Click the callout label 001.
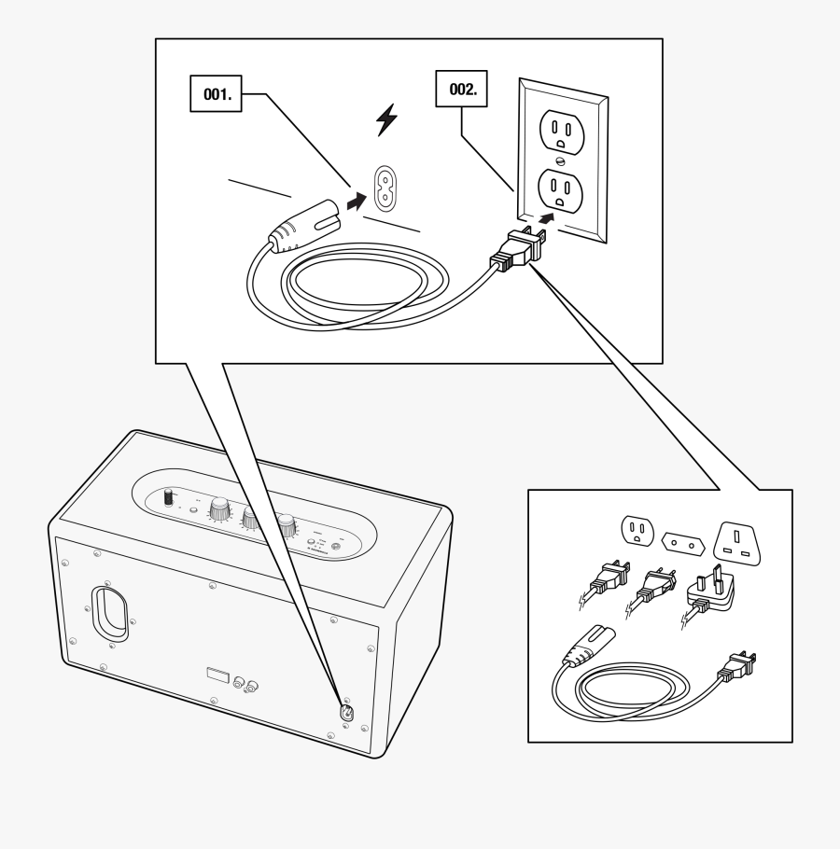click(x=216, y=94)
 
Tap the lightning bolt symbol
click(x=385, y=119)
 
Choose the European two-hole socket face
click(x=680, y=541)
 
